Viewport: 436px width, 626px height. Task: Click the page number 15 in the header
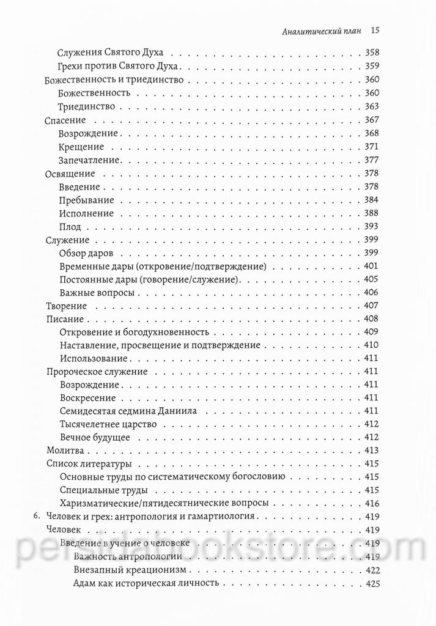(376, 29)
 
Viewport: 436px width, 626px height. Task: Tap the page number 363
(372, 106)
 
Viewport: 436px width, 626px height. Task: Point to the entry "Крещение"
(81, 147)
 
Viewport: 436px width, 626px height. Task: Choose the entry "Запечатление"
(91, 160)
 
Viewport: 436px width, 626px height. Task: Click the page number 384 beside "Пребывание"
(372, 200)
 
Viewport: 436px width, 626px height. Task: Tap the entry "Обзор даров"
(87, 253)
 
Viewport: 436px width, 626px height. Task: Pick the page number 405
(372, 279)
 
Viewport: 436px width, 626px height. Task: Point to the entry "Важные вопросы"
(97, 293)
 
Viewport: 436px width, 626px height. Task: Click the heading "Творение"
(67, 306)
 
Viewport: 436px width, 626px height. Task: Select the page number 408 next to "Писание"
(372, 319)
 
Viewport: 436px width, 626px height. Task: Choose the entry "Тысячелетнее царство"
(109, 424)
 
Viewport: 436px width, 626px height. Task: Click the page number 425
(372, 583)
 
